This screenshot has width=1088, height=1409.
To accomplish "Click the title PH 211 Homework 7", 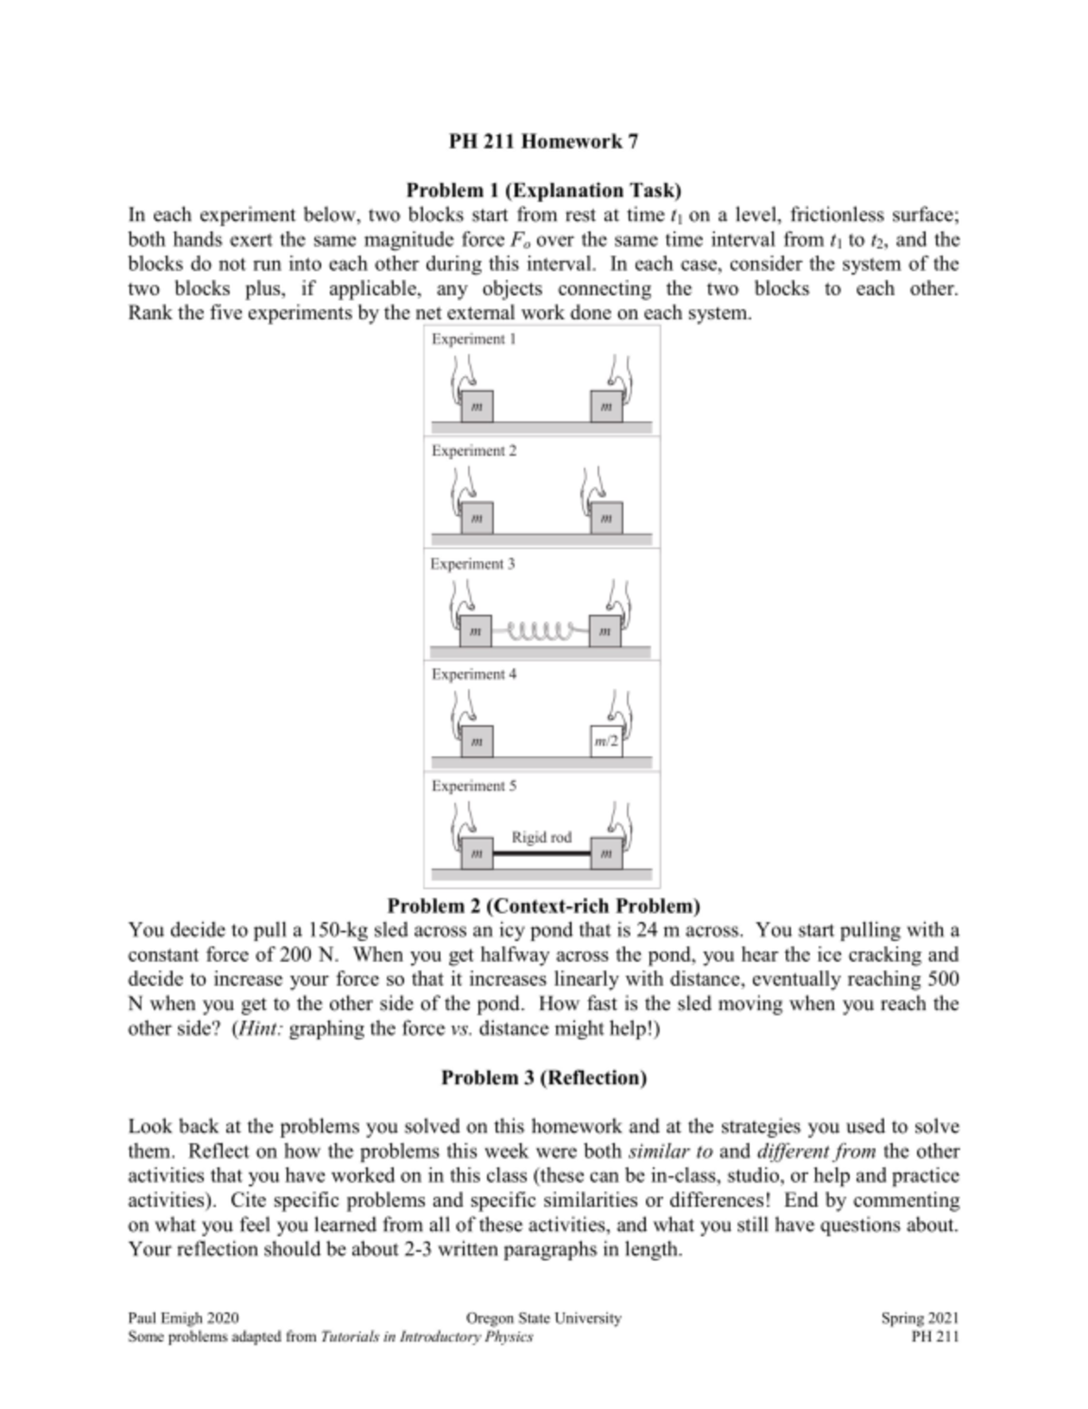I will coord(543,141).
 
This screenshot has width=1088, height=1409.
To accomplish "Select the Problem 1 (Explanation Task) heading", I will coord(543,190).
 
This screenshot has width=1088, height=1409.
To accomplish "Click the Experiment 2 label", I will coord(473,451).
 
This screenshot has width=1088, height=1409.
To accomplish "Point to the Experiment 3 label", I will coord(472,564).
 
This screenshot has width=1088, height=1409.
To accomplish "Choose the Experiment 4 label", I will coord(473,675).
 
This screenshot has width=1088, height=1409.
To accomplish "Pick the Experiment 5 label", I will coord(473,786).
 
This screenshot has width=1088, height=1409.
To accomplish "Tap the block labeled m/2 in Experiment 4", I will coord(607,742).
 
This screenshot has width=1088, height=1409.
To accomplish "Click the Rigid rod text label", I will coord(541,837).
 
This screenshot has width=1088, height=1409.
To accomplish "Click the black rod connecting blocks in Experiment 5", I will coord(541,854).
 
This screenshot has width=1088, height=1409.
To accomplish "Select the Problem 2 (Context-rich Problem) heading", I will coord(543,906).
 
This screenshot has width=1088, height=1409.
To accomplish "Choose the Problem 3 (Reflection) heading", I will coord(543,1077).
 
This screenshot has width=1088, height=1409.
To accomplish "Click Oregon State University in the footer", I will coord(543,1318).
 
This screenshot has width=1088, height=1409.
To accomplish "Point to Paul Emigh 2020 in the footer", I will coord(184,1318).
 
